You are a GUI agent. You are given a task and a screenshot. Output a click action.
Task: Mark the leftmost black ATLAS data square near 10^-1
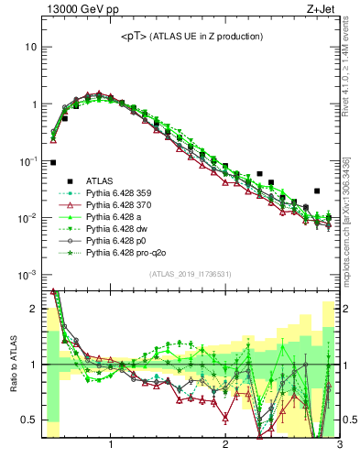click(53, 162)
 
